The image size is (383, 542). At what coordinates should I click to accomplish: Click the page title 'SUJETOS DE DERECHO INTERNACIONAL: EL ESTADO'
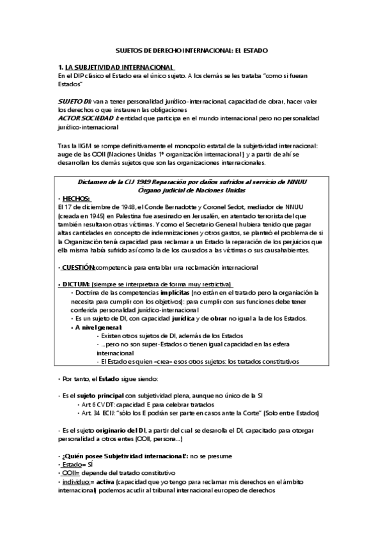click(x=191, y=49)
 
